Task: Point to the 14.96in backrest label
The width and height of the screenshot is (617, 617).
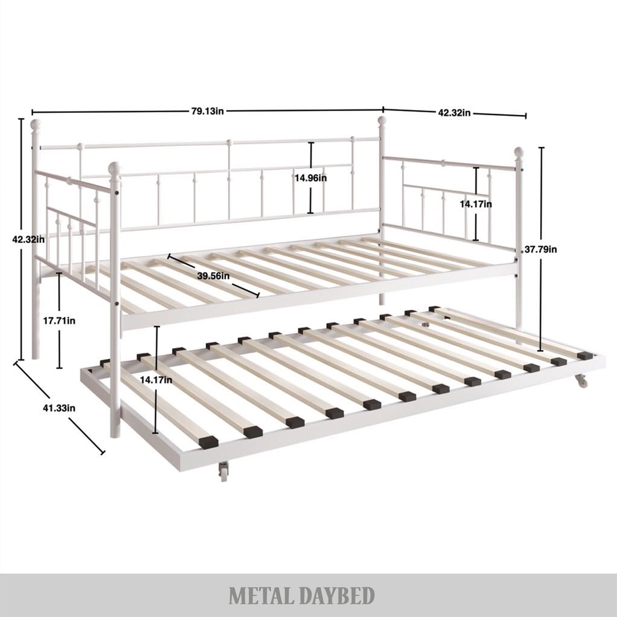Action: (x=311, y=178)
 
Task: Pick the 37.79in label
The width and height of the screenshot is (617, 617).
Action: (x=541, y=249)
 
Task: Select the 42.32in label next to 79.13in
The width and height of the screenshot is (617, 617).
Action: (x=454, y=113)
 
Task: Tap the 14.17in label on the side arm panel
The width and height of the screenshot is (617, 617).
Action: (x=475, y=204)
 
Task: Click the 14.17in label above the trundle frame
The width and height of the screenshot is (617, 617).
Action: (x=156, y=380)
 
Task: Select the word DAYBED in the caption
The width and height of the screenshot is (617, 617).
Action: (x=341, y=596)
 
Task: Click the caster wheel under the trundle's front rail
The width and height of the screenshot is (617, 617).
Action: (x=224, y=471)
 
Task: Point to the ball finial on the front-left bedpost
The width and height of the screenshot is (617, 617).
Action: (x=115, y=169)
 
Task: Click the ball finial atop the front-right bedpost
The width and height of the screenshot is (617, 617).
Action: (x=519, y=152)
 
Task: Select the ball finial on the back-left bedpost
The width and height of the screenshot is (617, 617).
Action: (x=36, y=125)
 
